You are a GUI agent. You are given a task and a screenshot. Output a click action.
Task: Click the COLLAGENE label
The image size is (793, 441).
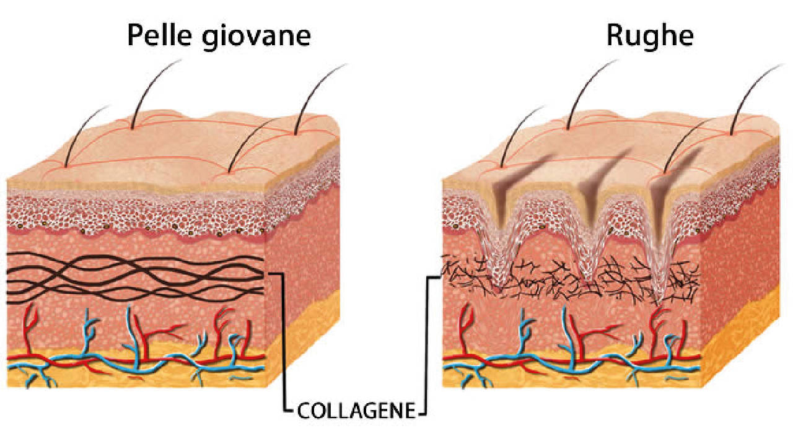pyautogui.click(x=356, y=411)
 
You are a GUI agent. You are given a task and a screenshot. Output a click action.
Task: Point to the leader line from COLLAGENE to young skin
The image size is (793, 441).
pyautogui.click(x=284, y=340)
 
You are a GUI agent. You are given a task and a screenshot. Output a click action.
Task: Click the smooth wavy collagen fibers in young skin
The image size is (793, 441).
pyautogui.click(x=134, y=278)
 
